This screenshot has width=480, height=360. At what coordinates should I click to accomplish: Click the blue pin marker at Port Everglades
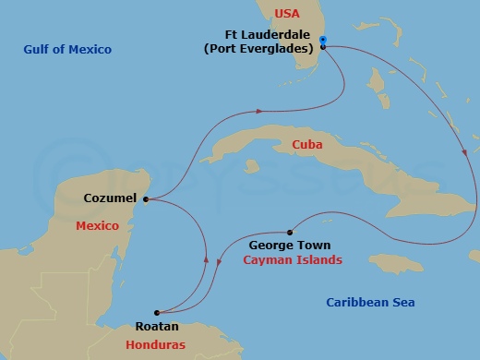[323, 41]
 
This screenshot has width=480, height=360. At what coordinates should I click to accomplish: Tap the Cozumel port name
[110, 198]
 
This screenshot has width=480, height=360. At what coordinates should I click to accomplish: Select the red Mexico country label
[99, 226]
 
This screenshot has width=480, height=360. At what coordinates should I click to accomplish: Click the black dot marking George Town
[290, 233]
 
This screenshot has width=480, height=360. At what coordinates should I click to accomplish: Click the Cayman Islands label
[292, 260]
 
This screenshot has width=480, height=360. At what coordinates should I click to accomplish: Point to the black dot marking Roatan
[157, 312]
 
